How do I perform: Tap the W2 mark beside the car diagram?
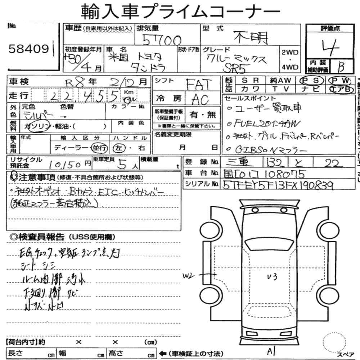(x=188, y=276)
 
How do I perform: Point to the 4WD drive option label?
(x=290, y=67)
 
